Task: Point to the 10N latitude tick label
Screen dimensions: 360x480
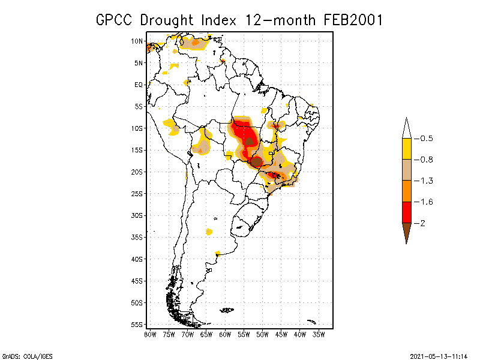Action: (137, 41)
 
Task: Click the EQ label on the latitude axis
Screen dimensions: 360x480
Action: (139, 85)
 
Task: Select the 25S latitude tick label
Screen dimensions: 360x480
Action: (137, 193)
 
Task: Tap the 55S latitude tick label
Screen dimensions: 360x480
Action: (137, 324)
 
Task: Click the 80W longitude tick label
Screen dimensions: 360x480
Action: (151, 334)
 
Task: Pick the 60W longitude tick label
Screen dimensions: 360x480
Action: (225, 334)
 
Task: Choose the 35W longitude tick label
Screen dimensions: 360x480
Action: (319, 334)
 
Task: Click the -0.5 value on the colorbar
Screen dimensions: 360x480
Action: (427, 139)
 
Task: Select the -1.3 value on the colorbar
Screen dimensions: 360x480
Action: (427, 181)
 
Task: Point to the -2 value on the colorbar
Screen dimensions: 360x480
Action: (423, 223)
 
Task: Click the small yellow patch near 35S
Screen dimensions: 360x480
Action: (209, 232)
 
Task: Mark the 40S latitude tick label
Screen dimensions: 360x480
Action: (137, 259)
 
